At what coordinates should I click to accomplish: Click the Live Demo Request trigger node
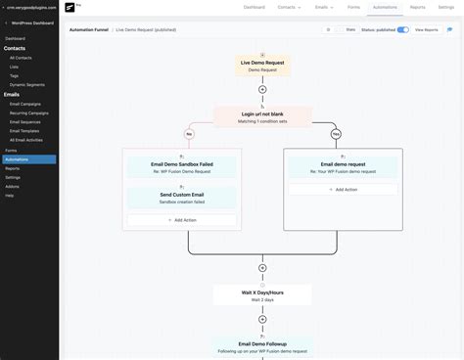pos(261,66)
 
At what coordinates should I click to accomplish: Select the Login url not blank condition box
pos(261,116)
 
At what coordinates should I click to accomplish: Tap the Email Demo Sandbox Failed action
pos(181,168)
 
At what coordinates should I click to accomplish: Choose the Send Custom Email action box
pos(181,197)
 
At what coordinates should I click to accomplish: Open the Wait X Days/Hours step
pos(261,294)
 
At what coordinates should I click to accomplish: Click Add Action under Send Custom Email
pos(181,220)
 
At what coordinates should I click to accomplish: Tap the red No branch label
pos(188,133)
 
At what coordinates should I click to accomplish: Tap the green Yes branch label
pos(336,133)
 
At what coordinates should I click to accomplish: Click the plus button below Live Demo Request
pos(261,89)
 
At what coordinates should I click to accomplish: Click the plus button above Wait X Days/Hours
pos(261,267)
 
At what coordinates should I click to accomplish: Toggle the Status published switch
pos(402,29)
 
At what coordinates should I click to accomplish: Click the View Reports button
pos(426,29)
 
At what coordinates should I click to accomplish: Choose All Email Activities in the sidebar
pos(26,140)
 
